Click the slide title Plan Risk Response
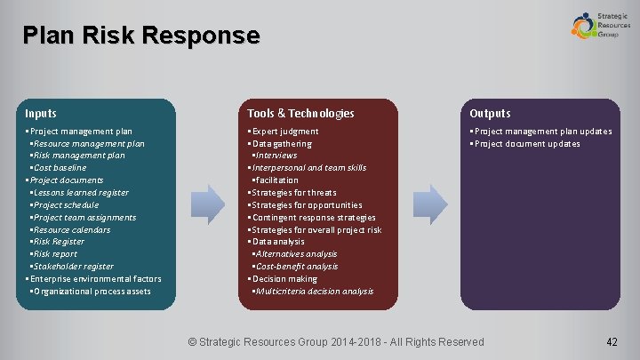click(x=141, y=36)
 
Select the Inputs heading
click(x=41, y=113)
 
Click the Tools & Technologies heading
click(x=300, y=113)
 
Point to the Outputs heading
click(x=490, y=113)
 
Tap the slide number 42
click(x=611, y=341)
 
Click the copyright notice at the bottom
click(x=337, y=341)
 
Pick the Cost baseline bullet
click(x=60, y=168)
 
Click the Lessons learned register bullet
click(x=81, y=193)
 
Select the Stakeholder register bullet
click(x=74, y=266)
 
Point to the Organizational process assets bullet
click(x=92, y=291)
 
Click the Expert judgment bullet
click(x=285, y=132)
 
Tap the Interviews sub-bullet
click(x=276, y=156)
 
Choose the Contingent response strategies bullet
click(x=314, y=217)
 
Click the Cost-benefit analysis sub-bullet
click(x=297, y=266)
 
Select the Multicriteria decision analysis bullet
click(x=315, y=291)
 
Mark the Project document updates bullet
click(x=527, y=144)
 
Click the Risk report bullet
click(x=57, y=253)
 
